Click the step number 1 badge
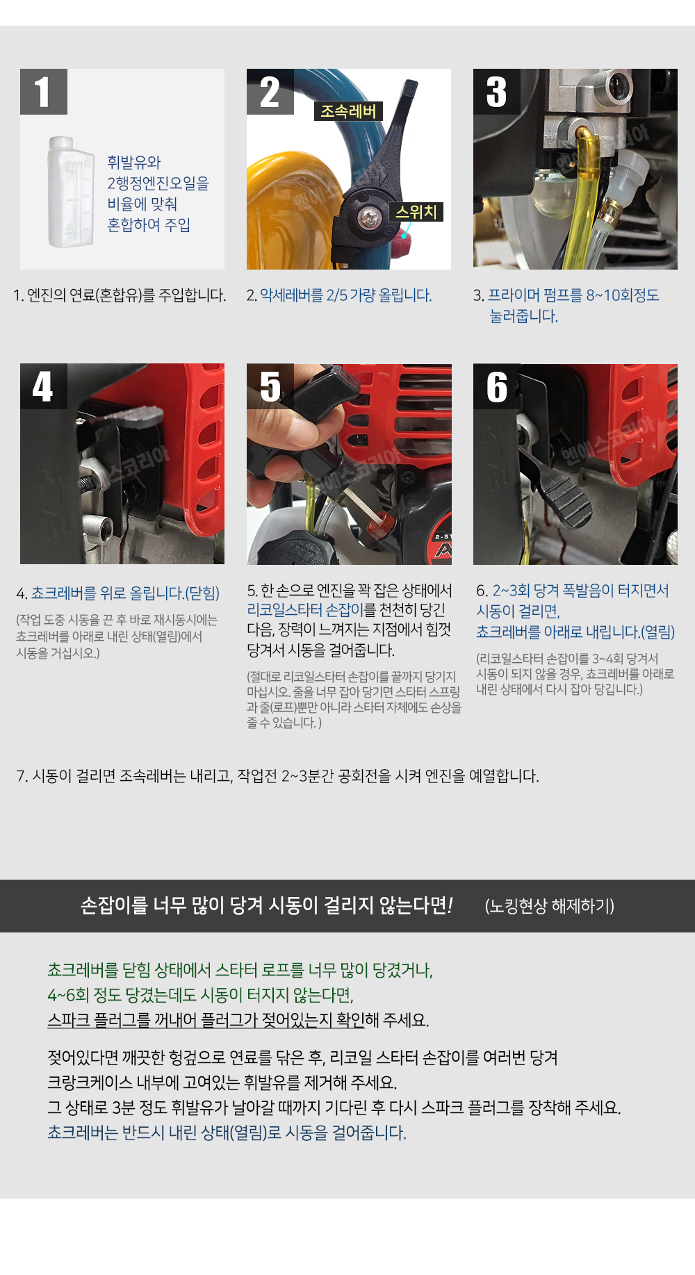pyautogui.click(x=44, y=92)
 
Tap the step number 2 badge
pyautogui.click(x=270, y=92)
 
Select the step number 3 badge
pyautogui.click(x=497, y=92)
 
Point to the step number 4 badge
pyautogui.click(x=44, y=386)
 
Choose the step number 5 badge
pyautogui.click(x=270, y=386)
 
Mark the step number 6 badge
pyautogui.click(x=497, y=386)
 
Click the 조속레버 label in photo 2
pyautogui.click(x=348, y=111)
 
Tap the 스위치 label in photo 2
pyautogui.click(x=416, y=212)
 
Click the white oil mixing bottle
pyautogui.click(x=70, y=192)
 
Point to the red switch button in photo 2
pyautogui.click(x=402, y=244)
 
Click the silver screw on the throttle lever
pyautogui.click(x=368, y=218)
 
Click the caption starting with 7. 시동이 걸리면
pyautogui.click(x=277, y=776)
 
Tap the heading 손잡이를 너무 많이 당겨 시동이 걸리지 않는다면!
pyautogui.click(x=267, y=905)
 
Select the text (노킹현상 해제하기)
pyautogui.click(x=550, y=906)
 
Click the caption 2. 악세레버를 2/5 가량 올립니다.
pyautogui.click(x=339, y=295)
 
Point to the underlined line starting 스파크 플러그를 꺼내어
pyautogui.click(x=206, y=1020)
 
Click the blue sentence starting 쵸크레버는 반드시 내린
pyautogui.click(x=227, y=1133)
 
